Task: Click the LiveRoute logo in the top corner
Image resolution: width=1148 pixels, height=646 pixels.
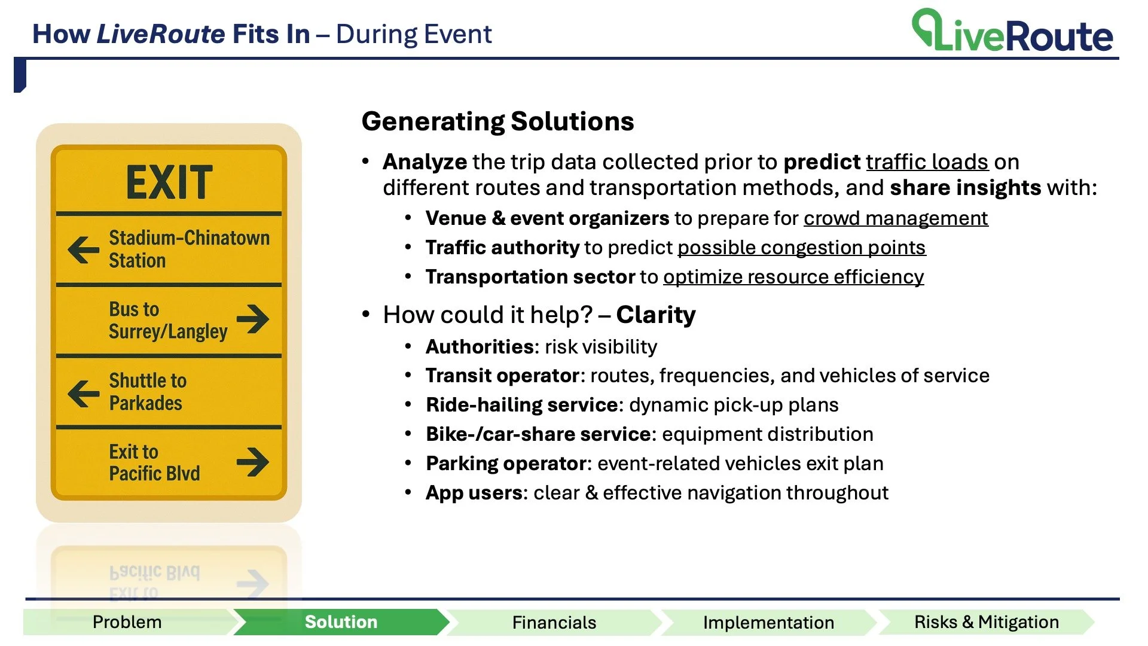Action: tap(1012, 31)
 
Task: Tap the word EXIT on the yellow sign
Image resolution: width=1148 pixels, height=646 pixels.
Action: tap(169, 182)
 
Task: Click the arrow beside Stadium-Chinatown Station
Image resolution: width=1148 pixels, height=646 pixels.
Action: tap(84, 249)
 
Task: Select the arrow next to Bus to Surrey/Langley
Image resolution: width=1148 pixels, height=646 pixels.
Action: tap(253, 319)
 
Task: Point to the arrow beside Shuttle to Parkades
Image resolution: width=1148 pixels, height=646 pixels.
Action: tap(84, 393)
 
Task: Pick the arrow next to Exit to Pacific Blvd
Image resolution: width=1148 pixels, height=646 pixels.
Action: tap(253, 462)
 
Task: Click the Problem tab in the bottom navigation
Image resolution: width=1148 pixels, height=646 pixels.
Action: tap(127, 622)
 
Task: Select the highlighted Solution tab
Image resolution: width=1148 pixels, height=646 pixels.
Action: tap(341, 622)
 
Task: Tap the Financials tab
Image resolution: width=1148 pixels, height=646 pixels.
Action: tap(554, 623)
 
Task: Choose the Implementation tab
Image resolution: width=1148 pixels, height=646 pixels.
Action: tap(768, 623)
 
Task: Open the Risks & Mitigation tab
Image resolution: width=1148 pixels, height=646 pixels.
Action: tap(986, 622)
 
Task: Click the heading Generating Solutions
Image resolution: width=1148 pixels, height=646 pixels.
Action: tap(497, 121)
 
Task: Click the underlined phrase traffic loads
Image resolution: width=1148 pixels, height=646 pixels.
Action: tap(927, 162)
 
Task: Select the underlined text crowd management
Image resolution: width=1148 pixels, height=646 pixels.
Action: tap(895, 218)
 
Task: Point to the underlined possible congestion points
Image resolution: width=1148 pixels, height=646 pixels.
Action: tap(801, 248)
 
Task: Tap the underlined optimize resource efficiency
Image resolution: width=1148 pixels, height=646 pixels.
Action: tap(793, 277)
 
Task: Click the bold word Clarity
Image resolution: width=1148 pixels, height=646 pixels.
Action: tap(656, 315)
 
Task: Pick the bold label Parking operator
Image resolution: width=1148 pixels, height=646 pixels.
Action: tap(506, 464)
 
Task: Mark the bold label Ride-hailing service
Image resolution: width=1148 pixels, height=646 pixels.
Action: tap(522, 405)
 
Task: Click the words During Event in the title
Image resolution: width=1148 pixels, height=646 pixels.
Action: tap(414, 34)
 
